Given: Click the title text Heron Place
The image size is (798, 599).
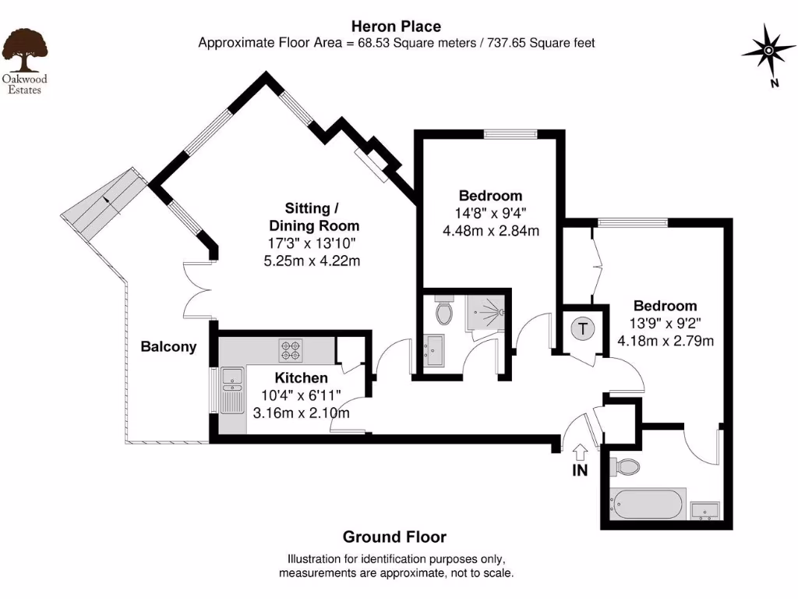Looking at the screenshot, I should click(x=397, y=26).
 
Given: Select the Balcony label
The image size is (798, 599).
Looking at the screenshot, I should click(x=168, y=347).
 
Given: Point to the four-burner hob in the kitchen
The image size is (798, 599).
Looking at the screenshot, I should click(x=291, y=350).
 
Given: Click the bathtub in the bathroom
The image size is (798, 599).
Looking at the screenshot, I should click(x=648, y=505).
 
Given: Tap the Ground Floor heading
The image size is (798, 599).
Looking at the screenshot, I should click(x=394, y=537).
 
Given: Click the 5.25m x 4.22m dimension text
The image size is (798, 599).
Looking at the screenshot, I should click(x=312, y=261).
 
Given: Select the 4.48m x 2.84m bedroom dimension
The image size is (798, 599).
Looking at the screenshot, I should click(x=490, y=230).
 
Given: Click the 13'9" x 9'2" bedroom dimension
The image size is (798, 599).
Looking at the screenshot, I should click(x=665, y=323).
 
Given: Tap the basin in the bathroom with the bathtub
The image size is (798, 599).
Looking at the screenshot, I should click(x=705, y=510).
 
